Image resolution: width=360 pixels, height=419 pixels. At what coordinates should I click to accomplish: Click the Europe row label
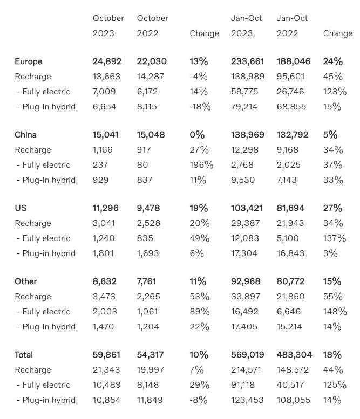(28, 61)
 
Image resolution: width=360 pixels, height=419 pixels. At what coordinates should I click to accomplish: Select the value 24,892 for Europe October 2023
(106, 61)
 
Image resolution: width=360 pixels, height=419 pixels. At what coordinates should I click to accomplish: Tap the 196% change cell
(201, 165)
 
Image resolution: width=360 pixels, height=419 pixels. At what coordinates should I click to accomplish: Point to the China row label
(25, 135)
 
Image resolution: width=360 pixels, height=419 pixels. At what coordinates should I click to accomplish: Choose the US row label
(21, 208)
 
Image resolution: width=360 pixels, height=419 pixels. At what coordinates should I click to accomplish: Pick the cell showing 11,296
(105, 208)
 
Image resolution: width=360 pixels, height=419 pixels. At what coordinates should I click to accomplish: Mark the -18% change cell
(200, 107)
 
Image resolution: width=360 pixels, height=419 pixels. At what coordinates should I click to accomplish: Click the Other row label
(25, 281)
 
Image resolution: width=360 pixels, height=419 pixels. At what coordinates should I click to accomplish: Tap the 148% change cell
(335, 312)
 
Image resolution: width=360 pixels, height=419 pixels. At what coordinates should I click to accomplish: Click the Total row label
(24, 355)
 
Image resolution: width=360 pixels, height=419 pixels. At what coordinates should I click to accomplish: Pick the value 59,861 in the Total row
(106, 355)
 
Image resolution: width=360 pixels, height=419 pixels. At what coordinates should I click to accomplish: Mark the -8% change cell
(197, 400)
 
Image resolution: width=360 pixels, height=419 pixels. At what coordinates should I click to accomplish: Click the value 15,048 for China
(151, 135)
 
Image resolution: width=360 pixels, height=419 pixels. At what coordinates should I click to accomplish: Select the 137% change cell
(335, 238)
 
